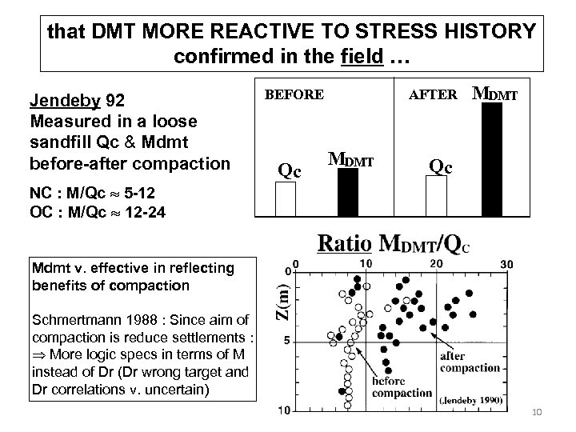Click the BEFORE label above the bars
pos(294,94)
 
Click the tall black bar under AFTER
pos(493,160)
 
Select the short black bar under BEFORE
pos(348,193)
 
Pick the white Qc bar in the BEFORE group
pos(286,199)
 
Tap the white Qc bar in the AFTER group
pos(436,196)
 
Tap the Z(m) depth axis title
pos(276,299)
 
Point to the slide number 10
pos(537,411)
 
